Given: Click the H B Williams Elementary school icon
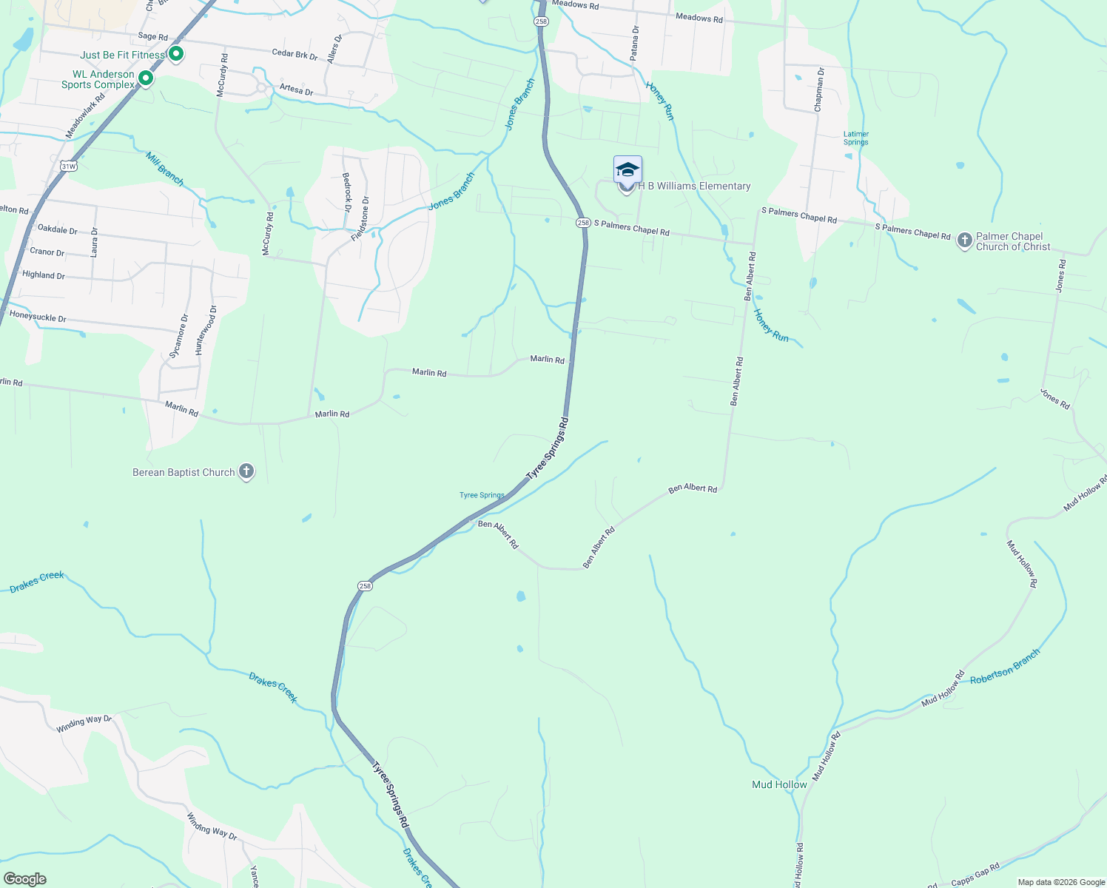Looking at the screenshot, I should pyautogui.click(x=627, y=170).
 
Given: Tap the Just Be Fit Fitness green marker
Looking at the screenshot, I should pyautogui.click(x=176, y=54).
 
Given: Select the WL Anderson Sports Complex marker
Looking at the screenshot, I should pyautogui.click(x=146, y=78).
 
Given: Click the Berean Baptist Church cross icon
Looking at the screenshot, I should pyautogui.click(x=246, y=471).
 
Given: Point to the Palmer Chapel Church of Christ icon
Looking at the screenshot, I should pyautogui.click(x=964, y=240).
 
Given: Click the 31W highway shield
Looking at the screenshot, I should pyautogui.click(x=68, y=166).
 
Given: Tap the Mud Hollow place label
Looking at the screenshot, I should pyautogui.click(x=779, y=784).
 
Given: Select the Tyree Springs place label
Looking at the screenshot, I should pyautogui.click(x=482, y=495).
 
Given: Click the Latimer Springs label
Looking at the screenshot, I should pyautogui.click(x=856, y=138).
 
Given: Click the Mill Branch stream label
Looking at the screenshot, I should pyautogui.click(x=164, y=169).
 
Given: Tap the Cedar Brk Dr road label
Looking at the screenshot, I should pyautogui.click(x=295, y=54).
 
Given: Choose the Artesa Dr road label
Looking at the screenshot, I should pyautogui.click(x=296, y=90).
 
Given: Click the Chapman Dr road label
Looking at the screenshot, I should pyautogui.click(x=818, y=90).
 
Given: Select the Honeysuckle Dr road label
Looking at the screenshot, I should pyautogui.click(x=38, y=317).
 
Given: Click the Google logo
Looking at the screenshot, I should pyautogui.click(x=24, y=879).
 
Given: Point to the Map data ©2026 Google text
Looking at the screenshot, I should pyautogui.click(x=1061, y=882).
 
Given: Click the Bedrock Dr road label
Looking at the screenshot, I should pyautogui.click(x=346, y=191).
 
